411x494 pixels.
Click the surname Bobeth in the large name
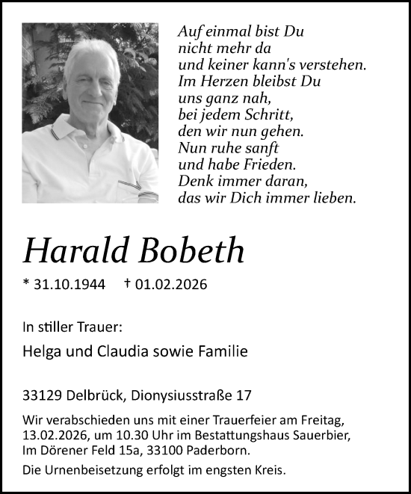(191, 252)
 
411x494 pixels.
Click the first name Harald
(74, 252)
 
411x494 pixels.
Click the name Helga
(42, 351)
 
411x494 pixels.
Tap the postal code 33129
(41, 393)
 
